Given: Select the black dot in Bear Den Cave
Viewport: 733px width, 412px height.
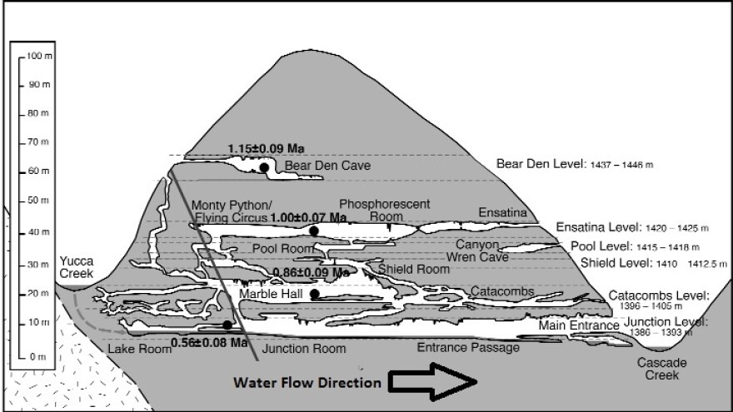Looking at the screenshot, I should (x=264, y=168).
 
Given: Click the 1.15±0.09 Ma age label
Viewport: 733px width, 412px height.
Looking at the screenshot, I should (x=266, y=149).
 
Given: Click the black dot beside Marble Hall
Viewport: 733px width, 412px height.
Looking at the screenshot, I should (x=314, y=294).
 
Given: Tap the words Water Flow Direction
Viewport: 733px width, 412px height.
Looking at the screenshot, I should (x=307, y=384).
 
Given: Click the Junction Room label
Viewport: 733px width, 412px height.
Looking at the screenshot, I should (x=304, y=349).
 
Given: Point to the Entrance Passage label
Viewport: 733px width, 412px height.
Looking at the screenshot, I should (x=468, y=347).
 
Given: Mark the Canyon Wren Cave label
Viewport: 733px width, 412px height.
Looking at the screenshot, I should (x=482, y=251).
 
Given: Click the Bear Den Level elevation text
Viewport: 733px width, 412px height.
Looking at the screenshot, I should (x=575, y=164).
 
